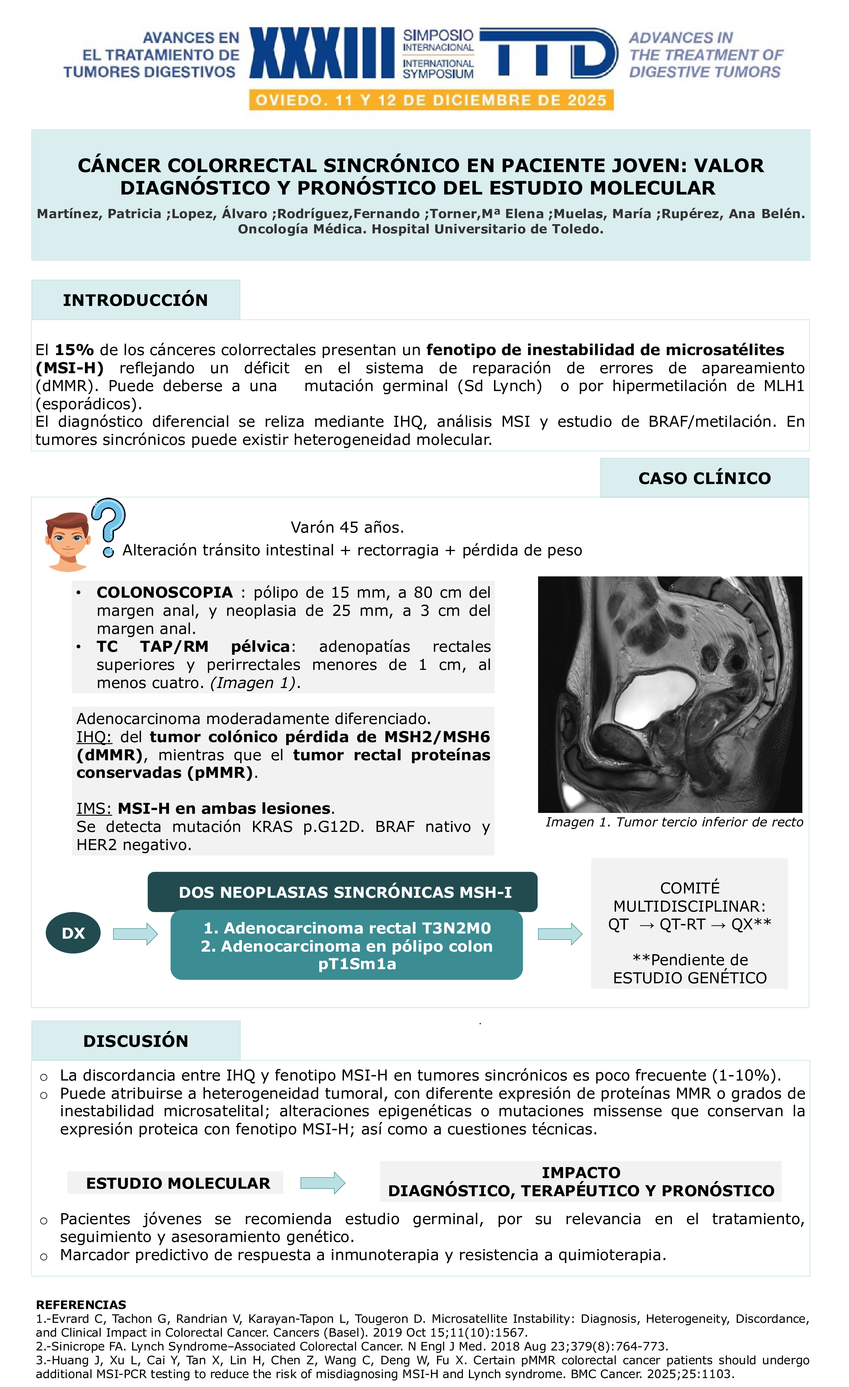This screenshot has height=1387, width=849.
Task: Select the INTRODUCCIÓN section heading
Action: [x=135, y=300]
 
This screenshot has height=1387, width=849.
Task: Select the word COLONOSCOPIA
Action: [x=164, y=592]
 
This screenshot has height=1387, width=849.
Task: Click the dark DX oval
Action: [x=73, y=933]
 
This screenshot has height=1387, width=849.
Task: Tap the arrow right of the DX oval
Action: [x=135, y=934]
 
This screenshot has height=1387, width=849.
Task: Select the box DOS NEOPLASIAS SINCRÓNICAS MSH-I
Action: [x=342, y=892]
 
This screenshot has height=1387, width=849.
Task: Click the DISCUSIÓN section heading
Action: [x=136, y=1041]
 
